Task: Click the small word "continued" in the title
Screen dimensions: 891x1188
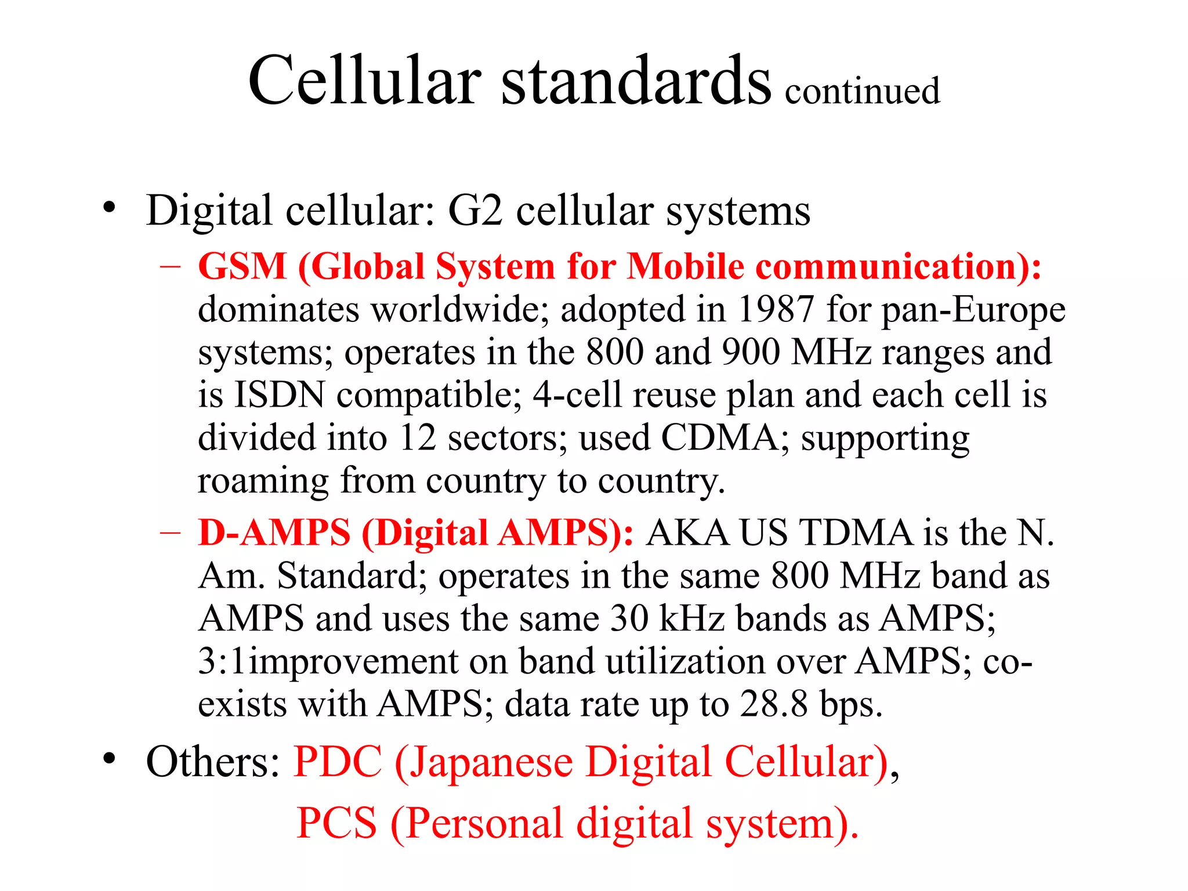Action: pyautogui.click(x=862, y=91)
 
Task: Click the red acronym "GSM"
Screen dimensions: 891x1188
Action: pyautogui.click(x=242, y=267)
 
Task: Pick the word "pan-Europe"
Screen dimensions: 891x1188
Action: pyautogui.click(x=973, y=310)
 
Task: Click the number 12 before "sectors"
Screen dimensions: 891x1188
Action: pyautogui.click(x=418, y=438)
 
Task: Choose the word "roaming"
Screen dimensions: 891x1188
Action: pyautogui.click(x=263, y=481)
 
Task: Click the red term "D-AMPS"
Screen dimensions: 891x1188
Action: pyautogui.click(x=274, y=533)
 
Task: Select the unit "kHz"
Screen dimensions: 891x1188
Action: pyautogui.click(x=691, y=618)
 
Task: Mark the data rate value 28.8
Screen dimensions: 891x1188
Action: pyautogui.click(x=773, y=704)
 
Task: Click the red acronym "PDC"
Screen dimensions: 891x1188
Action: pyautogui.click(x=338, y=762)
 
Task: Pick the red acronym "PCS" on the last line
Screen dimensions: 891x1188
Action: pyautogui.click(x=336, y=823)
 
